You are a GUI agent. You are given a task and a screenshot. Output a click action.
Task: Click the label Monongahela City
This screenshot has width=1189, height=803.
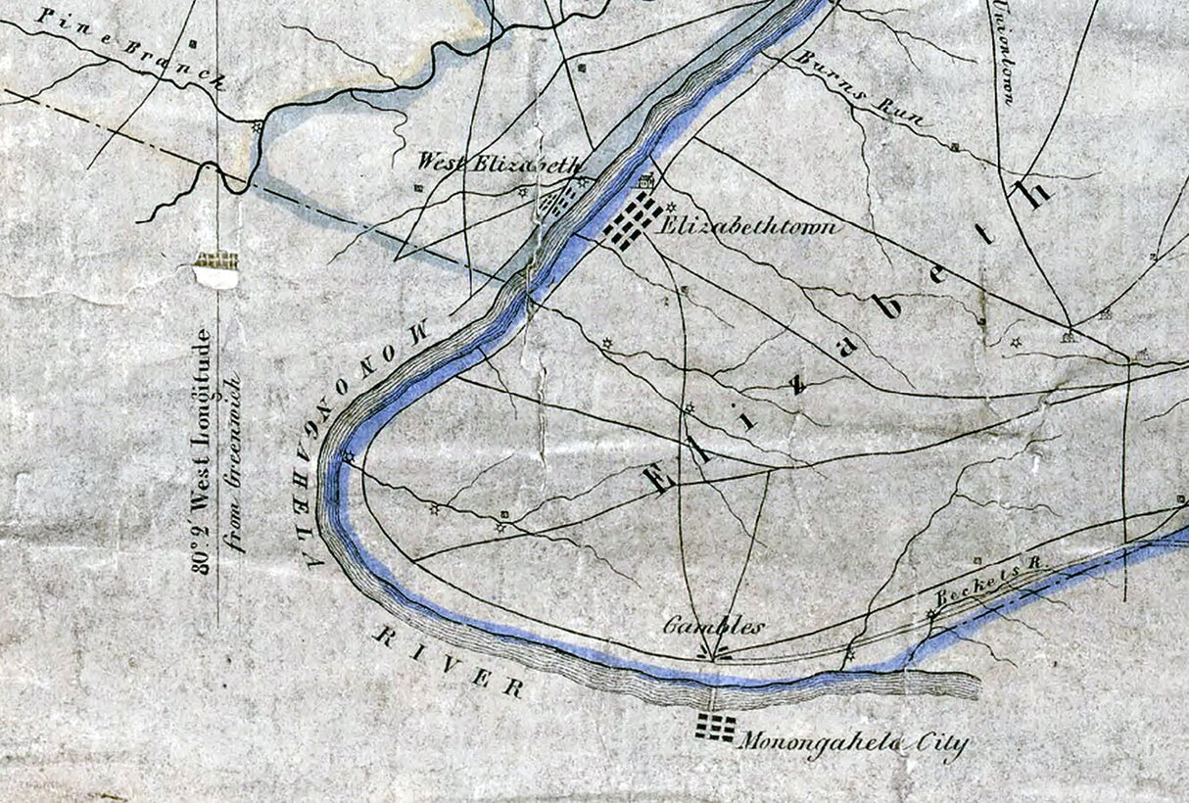(852, 745)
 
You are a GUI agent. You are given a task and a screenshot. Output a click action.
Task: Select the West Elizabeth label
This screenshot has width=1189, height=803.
(499, 163)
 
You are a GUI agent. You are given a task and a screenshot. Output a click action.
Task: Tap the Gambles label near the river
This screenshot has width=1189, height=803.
(712, 626)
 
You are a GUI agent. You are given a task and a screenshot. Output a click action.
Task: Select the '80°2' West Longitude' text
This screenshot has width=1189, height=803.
(201, 450)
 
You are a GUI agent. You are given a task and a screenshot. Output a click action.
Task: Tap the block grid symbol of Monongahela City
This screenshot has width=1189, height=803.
(715, 726)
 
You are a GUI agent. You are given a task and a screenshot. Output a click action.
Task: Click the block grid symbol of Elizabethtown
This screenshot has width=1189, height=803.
(630, 220)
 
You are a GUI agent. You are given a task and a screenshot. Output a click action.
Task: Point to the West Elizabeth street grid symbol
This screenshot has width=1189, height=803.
(559, 201)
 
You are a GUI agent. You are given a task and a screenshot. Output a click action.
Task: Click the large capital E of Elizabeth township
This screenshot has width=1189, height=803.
(659, 476)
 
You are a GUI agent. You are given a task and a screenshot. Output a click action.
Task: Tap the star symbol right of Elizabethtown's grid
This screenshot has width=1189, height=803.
(671, 208)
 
